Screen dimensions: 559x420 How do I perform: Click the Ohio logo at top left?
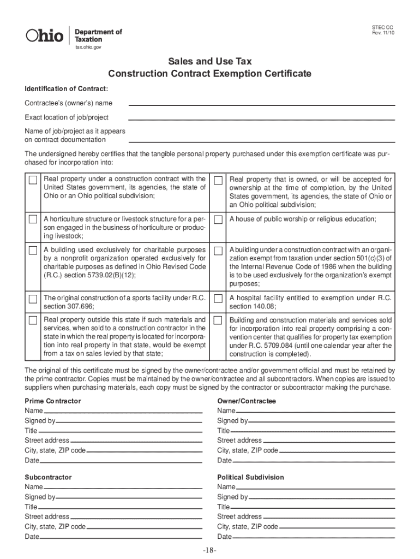tap(45, 35)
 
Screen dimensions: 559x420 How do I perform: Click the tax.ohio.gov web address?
tap(88, 47)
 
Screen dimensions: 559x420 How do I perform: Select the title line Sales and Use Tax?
tap(209, 62)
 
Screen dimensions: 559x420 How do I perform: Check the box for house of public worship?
tap(219, 219)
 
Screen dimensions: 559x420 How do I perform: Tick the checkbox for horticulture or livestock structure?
tap(33, 219)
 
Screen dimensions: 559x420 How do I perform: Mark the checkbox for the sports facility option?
tap(33, 299)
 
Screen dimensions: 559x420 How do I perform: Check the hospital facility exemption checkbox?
tap(219, 299)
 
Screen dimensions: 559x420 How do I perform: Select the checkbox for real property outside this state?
tap(33, 319)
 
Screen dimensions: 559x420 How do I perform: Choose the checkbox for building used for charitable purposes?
tap(33, 251)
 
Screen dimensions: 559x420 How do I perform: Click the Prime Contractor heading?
tap(53, 401)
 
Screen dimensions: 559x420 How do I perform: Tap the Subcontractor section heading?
tap(48, 477)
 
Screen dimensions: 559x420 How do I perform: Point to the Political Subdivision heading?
tap(250, 477)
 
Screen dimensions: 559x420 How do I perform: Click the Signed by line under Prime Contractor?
tap(129, 422)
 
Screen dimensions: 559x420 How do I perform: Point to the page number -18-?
tap(209, 550)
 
